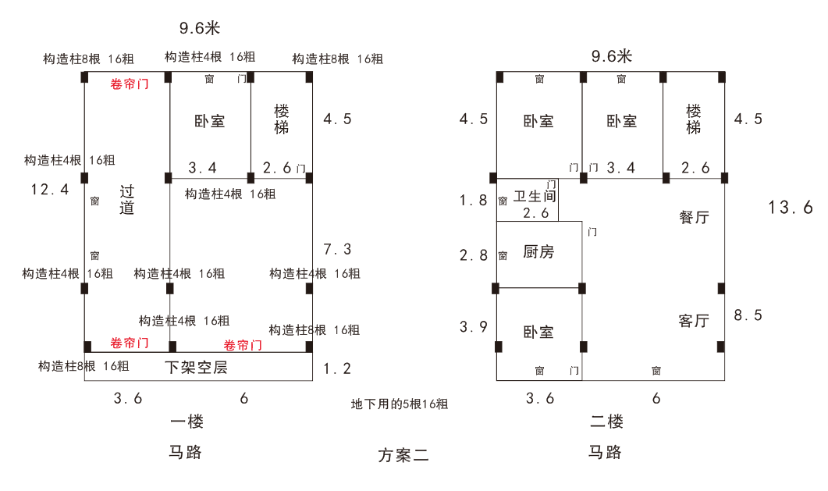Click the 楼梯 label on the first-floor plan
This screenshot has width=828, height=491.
point(282,119)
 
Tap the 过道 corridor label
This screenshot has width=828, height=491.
point(127,199)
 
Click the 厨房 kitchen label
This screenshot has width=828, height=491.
point(538,252)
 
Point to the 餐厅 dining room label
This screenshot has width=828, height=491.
point(694,218)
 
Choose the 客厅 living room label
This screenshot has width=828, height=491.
point(694,321)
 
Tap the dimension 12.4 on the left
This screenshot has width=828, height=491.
point(50,189)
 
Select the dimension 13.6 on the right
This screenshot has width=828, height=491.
point(791,208)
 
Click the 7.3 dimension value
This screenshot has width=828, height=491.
point(337,250)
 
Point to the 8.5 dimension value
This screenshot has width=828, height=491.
point(748,315)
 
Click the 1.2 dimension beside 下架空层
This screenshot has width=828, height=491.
point(337,369)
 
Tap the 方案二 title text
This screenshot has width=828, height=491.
point(403,455)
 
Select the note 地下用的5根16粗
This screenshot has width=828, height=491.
point(400,404)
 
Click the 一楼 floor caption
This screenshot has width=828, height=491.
point(187,422)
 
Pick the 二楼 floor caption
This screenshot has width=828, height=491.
point(606,422)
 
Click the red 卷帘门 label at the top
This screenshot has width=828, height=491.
point(130,84)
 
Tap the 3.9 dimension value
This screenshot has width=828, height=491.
point(473,327)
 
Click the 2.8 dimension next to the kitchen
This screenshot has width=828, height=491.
point(473,255)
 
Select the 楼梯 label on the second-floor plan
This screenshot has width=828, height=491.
point(694,119)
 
